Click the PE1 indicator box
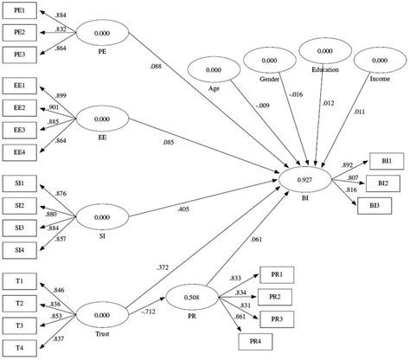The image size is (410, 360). [x=19, y=12]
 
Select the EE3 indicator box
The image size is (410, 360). [x=19, y=129]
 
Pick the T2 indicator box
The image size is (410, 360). [x=19, y=303]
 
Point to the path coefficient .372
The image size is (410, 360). [x=161, y=270]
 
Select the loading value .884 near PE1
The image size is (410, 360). [x=61, y=15]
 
